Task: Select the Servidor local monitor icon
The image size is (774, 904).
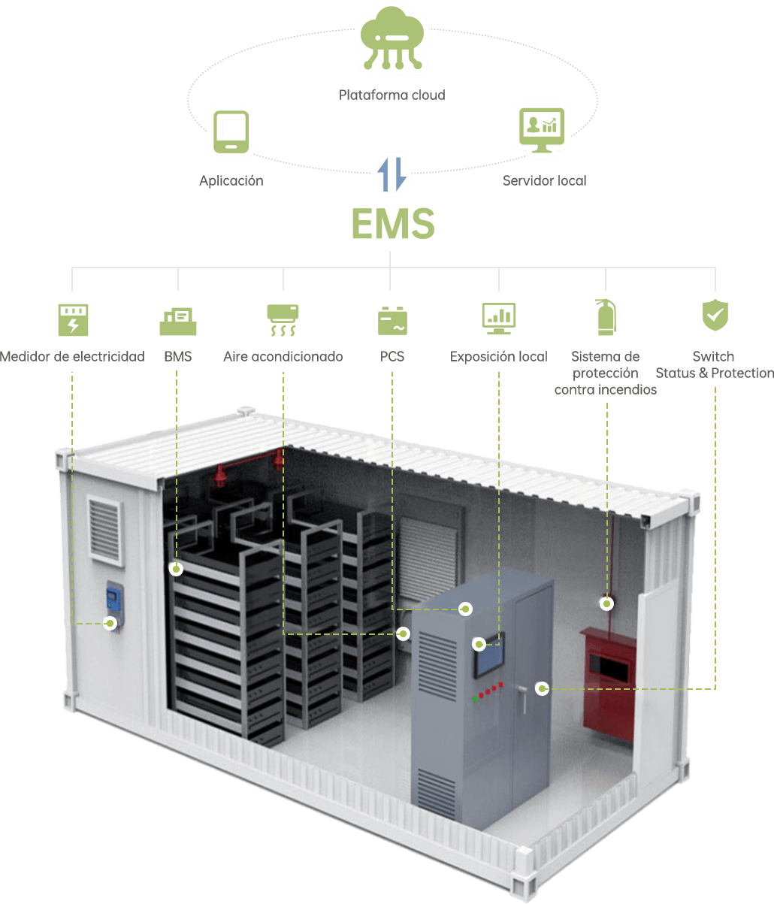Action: (542, 129)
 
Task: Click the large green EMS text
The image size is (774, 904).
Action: (393, 224)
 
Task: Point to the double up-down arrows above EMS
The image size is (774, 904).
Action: (392, 174)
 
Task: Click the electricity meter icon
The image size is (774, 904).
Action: (73, 319)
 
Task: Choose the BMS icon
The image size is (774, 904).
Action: (178, 320)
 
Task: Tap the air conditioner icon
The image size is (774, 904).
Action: (283, 319)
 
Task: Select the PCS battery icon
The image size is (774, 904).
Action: (392, 319)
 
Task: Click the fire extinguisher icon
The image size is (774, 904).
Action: (605, 317)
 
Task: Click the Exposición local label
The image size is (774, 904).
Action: (498, 357)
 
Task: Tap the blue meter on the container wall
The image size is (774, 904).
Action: (113, 600)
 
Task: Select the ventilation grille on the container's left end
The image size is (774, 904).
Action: (105, 531)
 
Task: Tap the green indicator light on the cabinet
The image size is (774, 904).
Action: (476, 699)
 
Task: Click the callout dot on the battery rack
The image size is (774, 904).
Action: (176, 570)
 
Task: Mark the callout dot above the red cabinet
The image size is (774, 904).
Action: (606, 603)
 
